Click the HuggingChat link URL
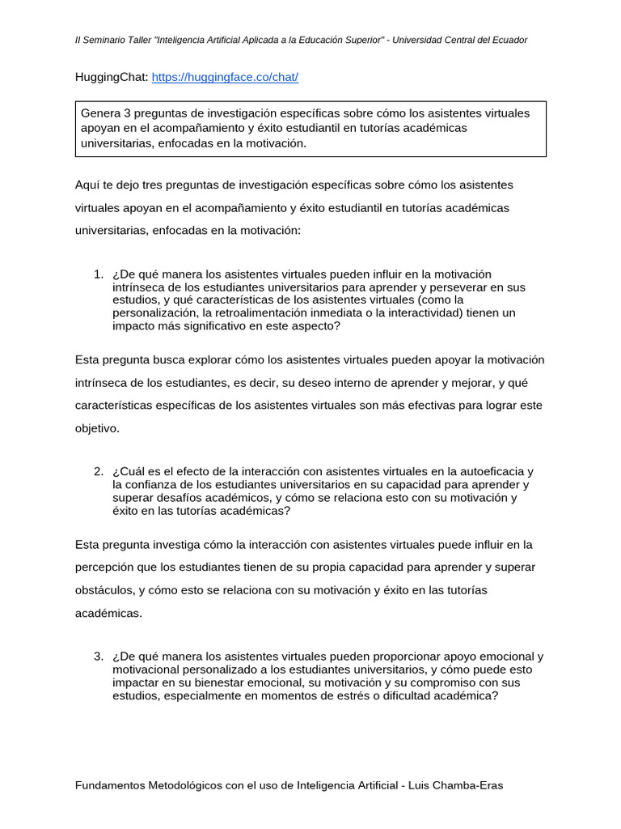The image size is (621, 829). [x=225, y=77]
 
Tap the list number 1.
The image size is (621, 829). [x=99, y=274]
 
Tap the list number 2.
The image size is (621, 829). [x=99, y=471]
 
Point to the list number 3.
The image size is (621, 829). [x=99, y=656]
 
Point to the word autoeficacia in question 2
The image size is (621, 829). [x=492, y=471]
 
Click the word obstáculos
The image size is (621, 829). [x=104, y=590]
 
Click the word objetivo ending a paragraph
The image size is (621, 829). [x=96, y=428]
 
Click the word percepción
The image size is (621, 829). [x=107, y=567]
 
